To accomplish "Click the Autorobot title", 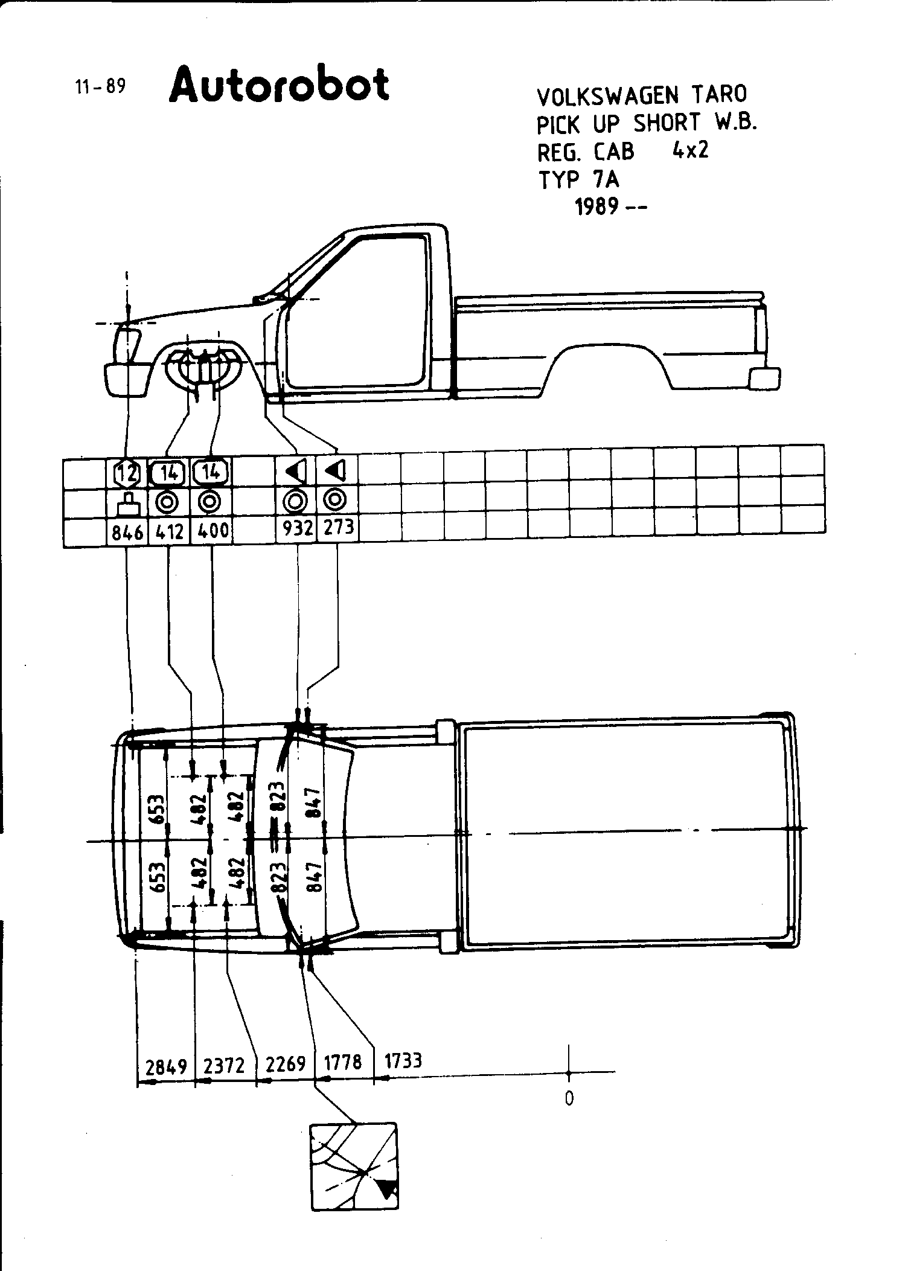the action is coord(280,86).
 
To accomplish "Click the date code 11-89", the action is coord(100,87).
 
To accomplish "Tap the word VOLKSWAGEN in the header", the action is coord(607,95).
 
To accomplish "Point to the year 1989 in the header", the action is coord(596,207).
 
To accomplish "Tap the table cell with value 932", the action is coord(298,530).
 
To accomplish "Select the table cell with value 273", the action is coord(338,528).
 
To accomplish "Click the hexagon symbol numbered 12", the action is coord(127,474).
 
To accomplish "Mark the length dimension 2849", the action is coord(167,1067).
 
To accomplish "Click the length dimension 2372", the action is coord(224,1066).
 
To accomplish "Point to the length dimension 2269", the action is coord(286,1064).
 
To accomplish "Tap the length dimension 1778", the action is coord(343,1061).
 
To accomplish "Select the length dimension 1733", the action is coord(403,1060).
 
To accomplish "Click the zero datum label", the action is coord(569,1098).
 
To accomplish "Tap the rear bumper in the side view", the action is coord(764,379).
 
